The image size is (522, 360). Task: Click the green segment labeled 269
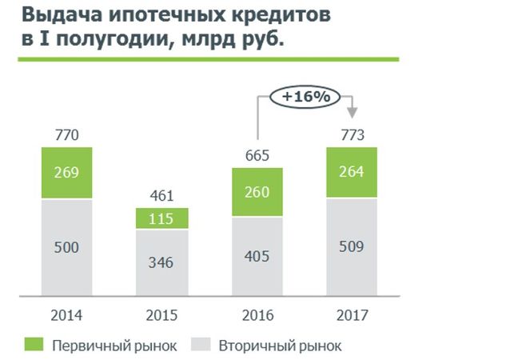tap(66, 173)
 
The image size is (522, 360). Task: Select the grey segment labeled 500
tap(66, 248)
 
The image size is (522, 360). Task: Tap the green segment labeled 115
tap(161, 218)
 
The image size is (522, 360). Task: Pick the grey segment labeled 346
tap(161, 262)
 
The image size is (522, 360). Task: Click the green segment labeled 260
tap(257, 192)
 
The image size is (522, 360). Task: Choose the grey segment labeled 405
tap(257, 256)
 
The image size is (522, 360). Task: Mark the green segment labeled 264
tap(352, 173)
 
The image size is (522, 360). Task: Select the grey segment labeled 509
tap(352, 246)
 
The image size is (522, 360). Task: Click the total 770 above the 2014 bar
tap(66, 135)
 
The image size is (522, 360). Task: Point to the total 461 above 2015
tap(161, 194)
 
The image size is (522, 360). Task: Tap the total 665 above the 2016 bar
tap(257, 154)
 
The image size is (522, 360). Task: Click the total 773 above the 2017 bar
tap(352, 135)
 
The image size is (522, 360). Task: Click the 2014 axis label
tap(66, 314)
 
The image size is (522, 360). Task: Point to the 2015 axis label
tap(161, 314)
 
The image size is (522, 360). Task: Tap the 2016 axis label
tap(257, 314)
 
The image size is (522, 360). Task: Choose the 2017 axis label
tap(352, 314)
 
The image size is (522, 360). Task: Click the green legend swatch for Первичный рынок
tap(34, 346)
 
